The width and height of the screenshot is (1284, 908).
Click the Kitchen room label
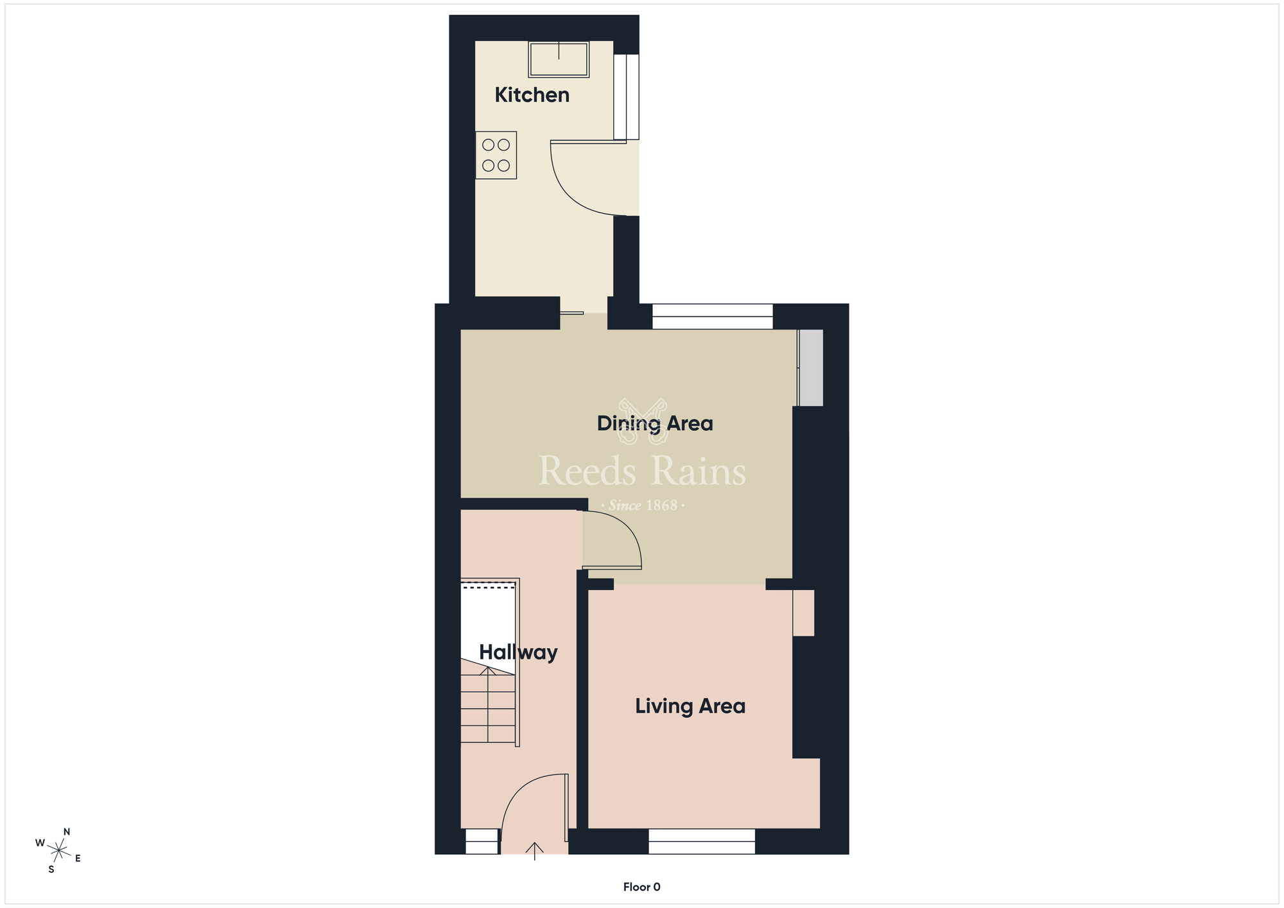tap(532, 95)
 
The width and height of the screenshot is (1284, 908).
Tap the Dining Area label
tap(655, 423)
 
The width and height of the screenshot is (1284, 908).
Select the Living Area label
tap(690, 706)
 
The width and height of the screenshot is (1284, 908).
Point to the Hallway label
tap(518, 652)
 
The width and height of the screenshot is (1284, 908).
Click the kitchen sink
tap(559, 59)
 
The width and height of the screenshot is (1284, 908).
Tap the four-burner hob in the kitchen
tap(496, 155)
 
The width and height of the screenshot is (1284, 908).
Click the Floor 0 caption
tap(641, 887)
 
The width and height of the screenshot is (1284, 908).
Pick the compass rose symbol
tap(58, 851)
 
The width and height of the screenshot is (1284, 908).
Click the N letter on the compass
tap(67, 832)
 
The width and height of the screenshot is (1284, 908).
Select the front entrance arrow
tap(534, 850)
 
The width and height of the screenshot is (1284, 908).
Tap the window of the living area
tap(702, 841)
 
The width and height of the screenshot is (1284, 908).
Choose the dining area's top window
tap(713, 317)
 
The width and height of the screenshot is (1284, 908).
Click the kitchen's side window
tap(627, 97)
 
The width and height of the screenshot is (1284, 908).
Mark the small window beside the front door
tap(481, 841)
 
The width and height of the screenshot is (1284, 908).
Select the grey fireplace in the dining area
tap(811, 367)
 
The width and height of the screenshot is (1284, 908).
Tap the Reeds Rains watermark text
tap(642, 471)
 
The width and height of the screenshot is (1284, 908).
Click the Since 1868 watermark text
tap(643, 506)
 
